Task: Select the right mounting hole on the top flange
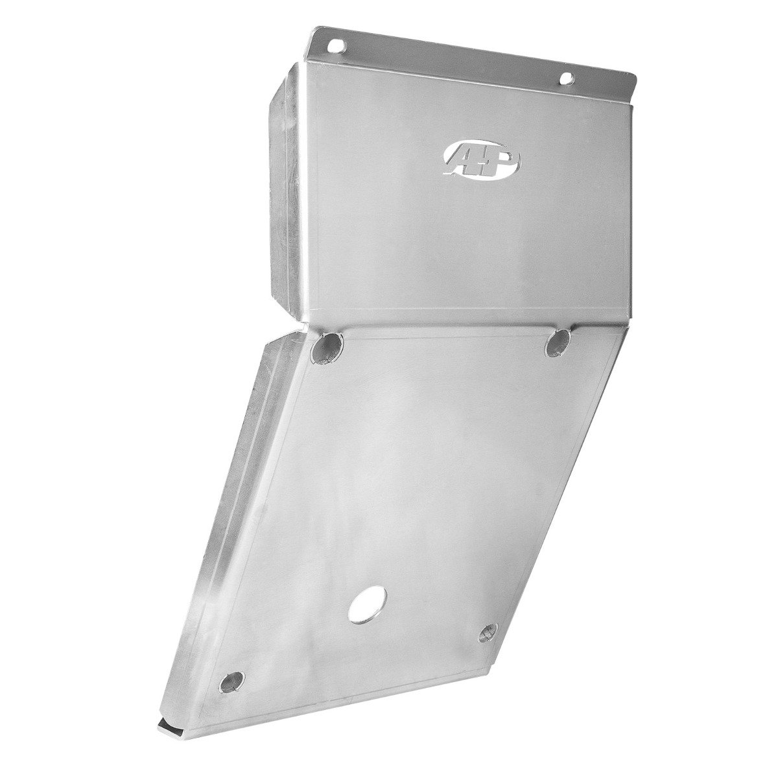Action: pos(567,78)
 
